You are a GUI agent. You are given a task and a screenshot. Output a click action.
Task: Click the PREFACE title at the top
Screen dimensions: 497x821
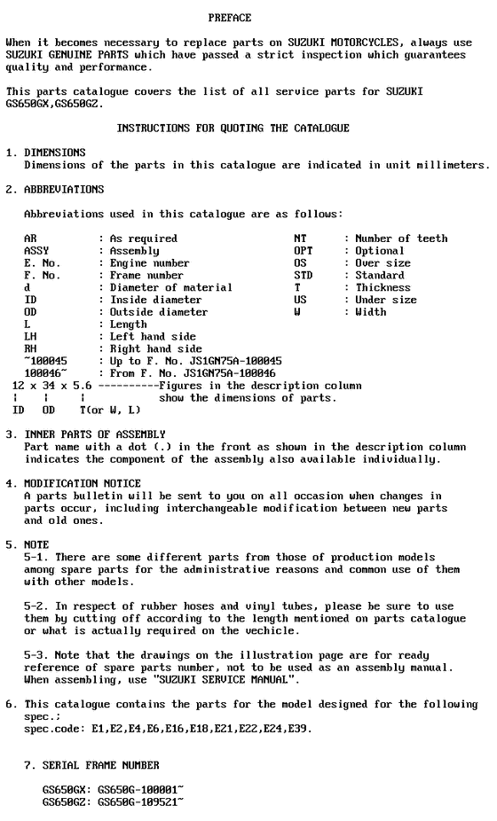pyautogui.click(x=229, y=18)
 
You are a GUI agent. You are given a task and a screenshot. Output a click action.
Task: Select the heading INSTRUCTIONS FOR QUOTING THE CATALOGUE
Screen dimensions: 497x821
pyautogui.click(x=233, y=129)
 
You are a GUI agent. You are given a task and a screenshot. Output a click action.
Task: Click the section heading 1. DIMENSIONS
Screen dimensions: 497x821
pyautogui.click(x=46, y=152)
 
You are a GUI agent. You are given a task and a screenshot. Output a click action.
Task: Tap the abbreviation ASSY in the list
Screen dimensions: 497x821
pyautogui.click(x=36, y=251)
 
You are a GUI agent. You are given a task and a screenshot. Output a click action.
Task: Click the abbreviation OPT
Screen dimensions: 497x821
pyautogui.click(x=303, y=251)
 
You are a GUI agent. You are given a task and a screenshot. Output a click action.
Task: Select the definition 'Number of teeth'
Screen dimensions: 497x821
pyautogui.click(x=401, y=238)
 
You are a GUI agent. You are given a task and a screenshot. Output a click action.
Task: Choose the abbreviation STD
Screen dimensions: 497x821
pyautogui.click(x=303, y=276)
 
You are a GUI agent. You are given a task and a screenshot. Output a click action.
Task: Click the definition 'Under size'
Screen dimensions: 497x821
pyautogui.click(x=386, y=301)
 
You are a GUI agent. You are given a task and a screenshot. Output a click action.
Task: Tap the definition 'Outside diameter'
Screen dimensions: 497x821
pyautogui.click(x=159, y=312)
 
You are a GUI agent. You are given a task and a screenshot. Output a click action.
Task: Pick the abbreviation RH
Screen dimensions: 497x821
pyautogui.click(x=30, y=349)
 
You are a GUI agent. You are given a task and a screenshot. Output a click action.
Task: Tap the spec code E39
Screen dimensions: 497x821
pyautogui.click(x=299, y=729)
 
